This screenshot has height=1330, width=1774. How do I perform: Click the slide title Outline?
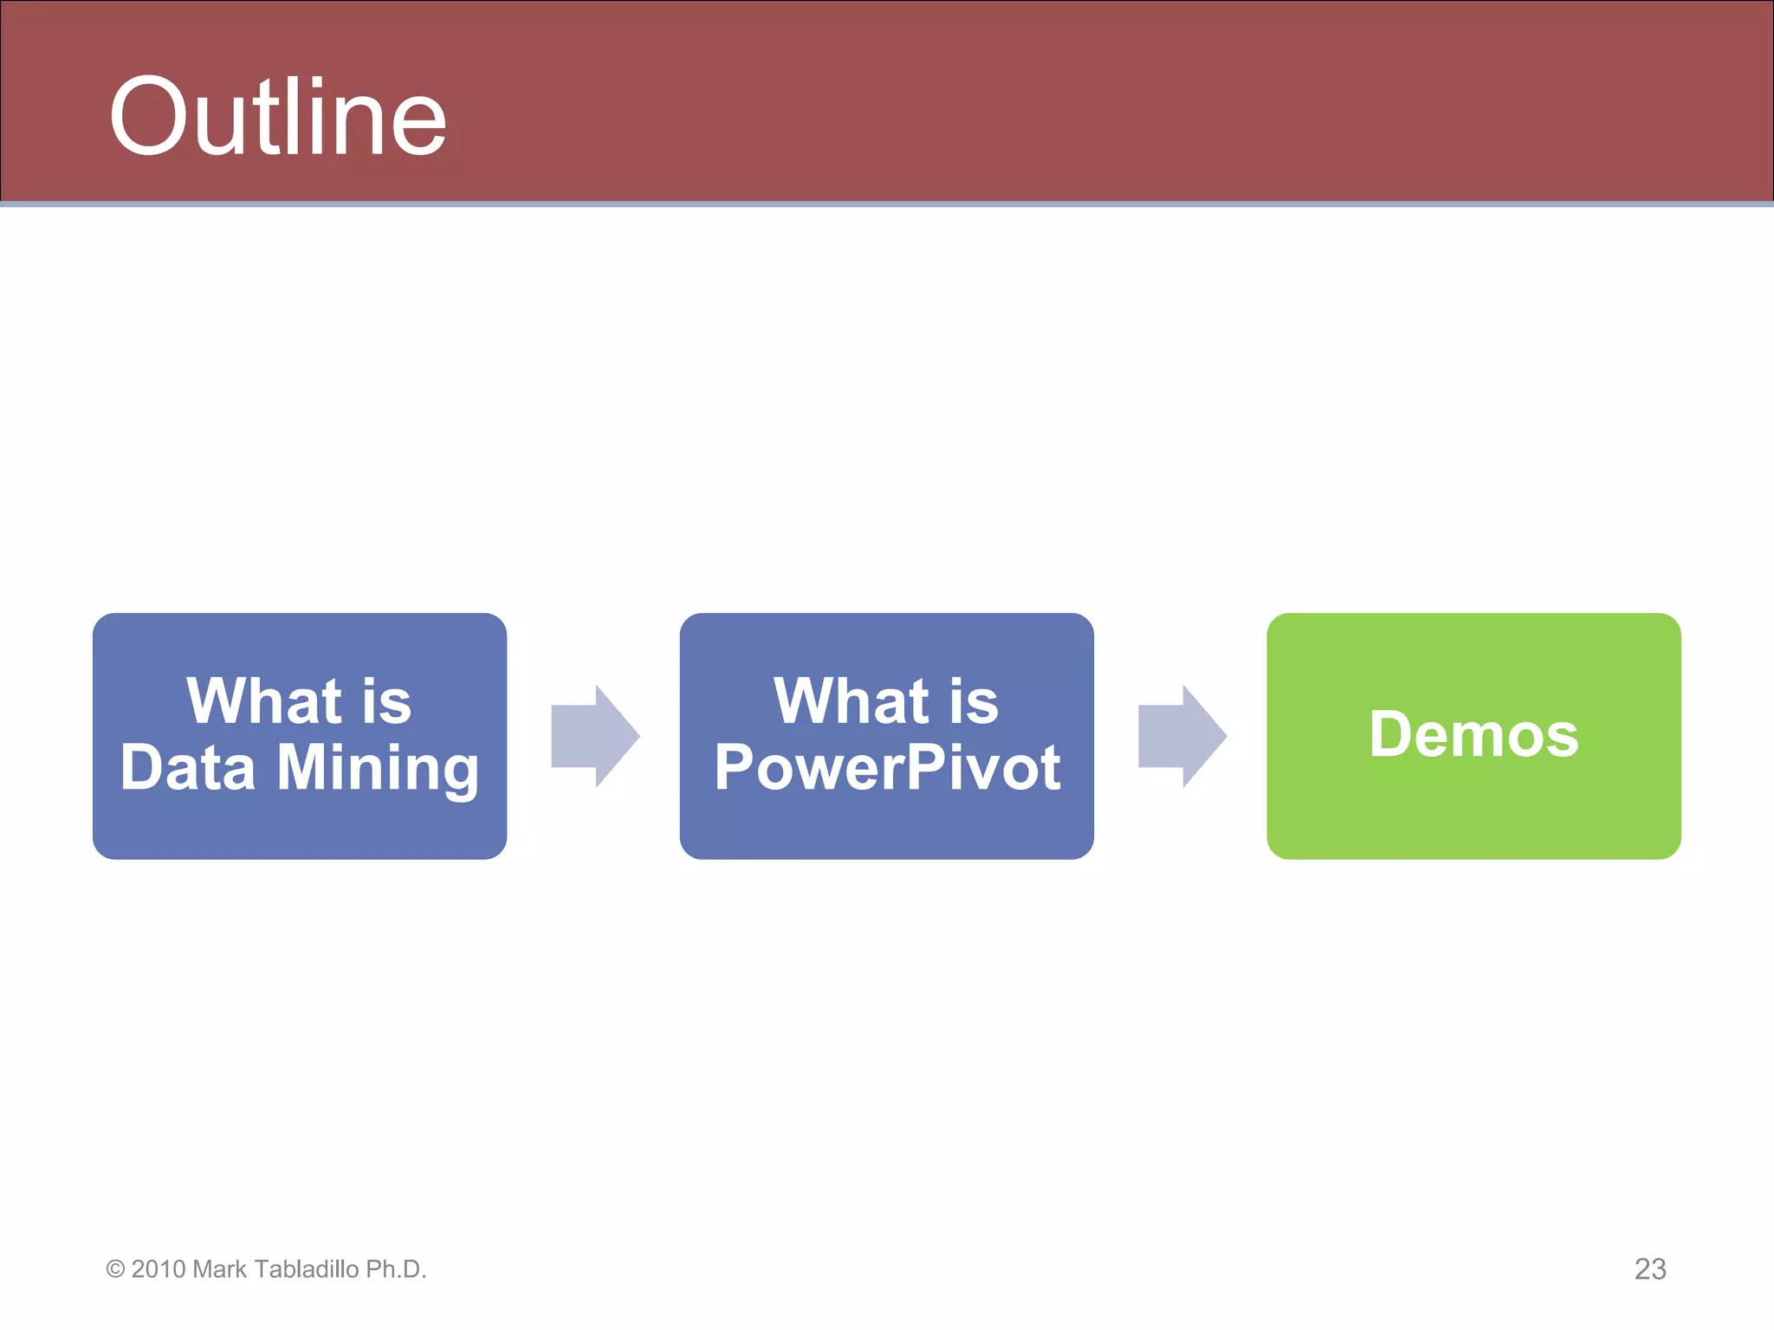point(277,117)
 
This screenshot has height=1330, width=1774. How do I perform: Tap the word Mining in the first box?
point(378,769)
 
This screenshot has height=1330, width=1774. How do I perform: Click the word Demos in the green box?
point(1473,734)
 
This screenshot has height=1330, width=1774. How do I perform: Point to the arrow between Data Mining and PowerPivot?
point(595,736)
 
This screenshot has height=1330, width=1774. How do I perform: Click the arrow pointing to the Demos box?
point(1182,736)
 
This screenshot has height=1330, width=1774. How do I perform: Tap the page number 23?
point(1649,1269)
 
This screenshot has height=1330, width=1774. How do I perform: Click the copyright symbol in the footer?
point(115,1269)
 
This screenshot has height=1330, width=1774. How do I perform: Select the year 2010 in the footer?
point(159,1269)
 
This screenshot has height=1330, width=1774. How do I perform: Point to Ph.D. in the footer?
point(396,1269)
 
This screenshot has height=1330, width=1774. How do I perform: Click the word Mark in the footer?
point(219,1269)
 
